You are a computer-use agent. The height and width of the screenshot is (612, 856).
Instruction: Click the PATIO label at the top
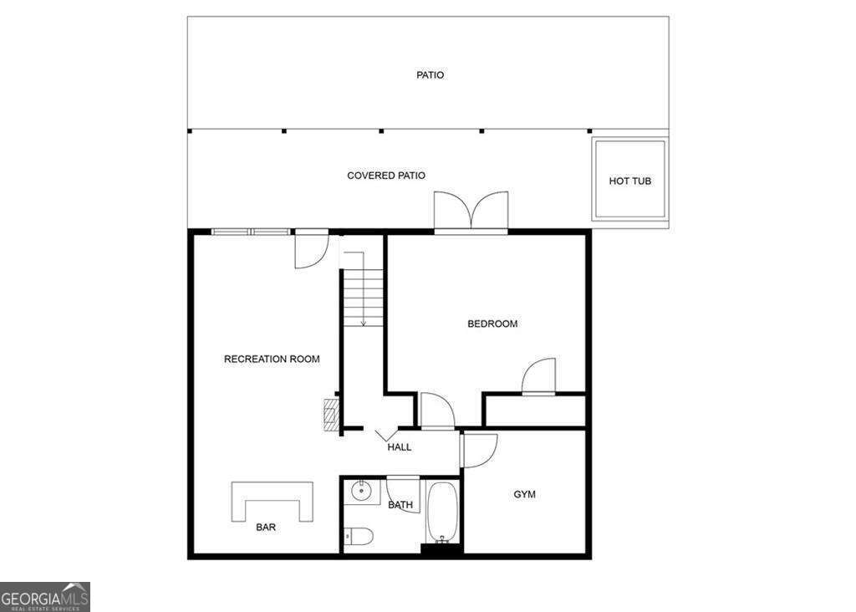tap(431, 75)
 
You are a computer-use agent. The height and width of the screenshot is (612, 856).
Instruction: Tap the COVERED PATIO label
tap(386, 176)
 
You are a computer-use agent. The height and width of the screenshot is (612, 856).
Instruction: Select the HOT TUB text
tap(629, 181)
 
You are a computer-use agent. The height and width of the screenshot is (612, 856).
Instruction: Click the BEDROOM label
tap(492, 324)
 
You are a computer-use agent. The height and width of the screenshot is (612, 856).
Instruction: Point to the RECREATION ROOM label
tap(272, 360)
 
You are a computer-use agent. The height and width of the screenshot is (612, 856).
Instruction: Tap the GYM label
tap(524, 494)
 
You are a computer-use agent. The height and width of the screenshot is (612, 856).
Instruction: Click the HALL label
tap(400, 447)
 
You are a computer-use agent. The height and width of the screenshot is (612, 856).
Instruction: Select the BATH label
tap(400, 505)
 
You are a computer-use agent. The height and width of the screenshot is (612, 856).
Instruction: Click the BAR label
tap(266, 528)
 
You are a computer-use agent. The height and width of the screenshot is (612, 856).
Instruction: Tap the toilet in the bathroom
tap(359, 535)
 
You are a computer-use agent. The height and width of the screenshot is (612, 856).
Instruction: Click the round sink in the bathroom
tap(362, 490)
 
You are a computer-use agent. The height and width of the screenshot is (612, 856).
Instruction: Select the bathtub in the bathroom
tap(442, 512)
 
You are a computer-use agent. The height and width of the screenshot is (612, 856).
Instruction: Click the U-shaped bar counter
tap(272, 499)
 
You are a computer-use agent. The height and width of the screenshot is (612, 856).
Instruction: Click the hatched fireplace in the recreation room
tap(332, 414)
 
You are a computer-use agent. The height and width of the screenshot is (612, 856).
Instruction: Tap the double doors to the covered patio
tap(471, 212)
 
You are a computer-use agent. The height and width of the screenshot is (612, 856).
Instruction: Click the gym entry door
tap(478, 450)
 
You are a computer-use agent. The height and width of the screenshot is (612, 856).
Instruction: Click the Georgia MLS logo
tap(45, 597)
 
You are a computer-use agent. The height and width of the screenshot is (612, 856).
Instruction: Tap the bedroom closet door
tap(538, 377)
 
